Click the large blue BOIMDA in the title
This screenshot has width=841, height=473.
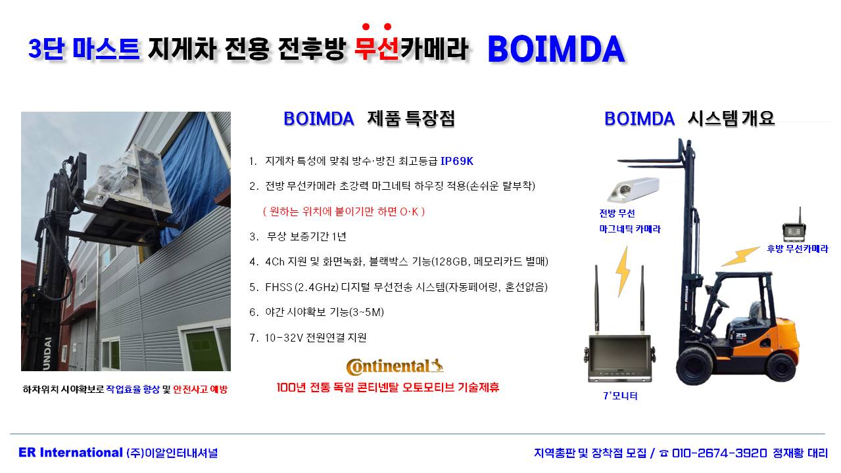click(556, 49)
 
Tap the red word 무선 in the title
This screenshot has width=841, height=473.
click(377, 49)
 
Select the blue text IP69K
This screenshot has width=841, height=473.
click(456, 162)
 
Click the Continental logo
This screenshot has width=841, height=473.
click(395, 367)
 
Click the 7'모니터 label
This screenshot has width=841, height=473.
click(620, 395)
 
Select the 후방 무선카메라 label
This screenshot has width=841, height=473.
click(797, 249)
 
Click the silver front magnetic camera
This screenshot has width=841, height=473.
click(633, 190)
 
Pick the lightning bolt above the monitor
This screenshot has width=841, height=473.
click(623, 271)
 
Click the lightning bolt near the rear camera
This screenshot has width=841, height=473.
click(740, 256)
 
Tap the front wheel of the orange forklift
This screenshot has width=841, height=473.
click(694, 366)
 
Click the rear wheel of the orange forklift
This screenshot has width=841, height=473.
click(781, 366)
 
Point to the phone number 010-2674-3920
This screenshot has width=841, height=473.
click(719, 453)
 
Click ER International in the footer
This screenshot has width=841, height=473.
click(70, 453)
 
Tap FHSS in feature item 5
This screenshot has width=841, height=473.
click(279, 287)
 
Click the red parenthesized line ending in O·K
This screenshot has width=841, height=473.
click(344, 212)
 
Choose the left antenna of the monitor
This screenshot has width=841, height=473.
click(596, 300)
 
